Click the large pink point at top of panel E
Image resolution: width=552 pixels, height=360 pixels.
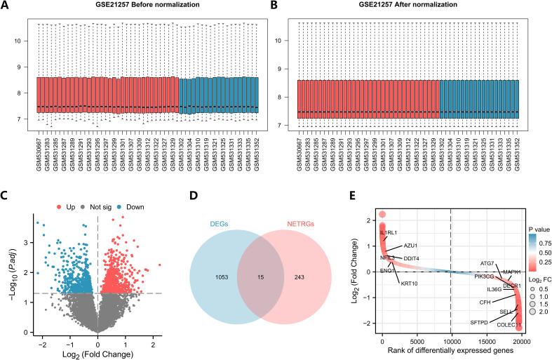(x=382, y=214)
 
